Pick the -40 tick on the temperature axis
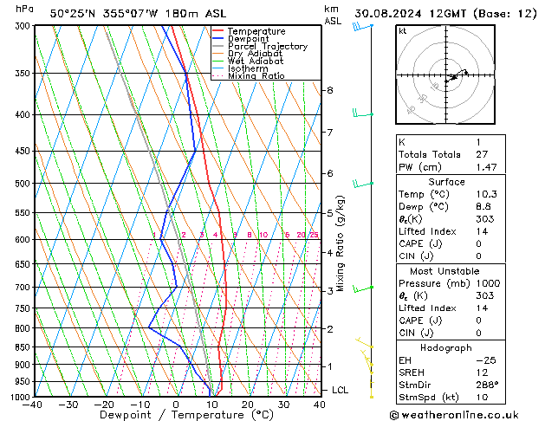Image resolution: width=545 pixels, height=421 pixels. coord(34,405)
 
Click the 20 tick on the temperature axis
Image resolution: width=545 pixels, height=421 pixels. coord(248,405)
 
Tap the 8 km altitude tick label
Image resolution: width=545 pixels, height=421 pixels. coord(329,90)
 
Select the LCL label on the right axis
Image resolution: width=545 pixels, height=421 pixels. coord(340,391)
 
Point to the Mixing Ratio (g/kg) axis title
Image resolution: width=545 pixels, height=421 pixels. coord(341,243)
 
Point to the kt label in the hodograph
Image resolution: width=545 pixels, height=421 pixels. coord(402,31)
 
